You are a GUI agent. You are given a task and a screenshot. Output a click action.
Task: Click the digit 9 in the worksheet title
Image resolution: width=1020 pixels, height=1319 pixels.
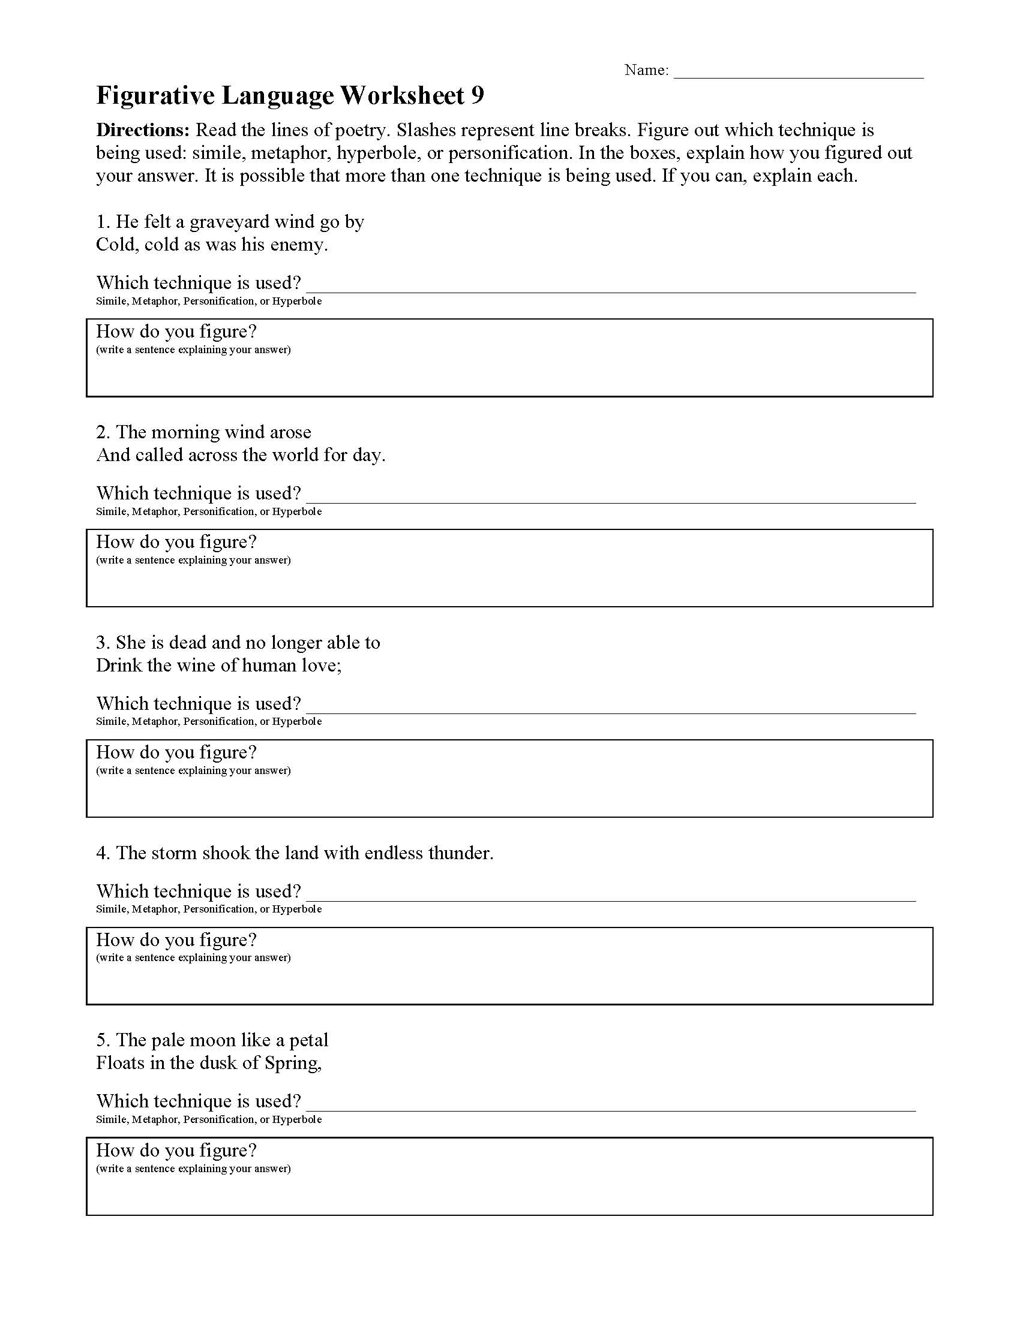pos(478,95)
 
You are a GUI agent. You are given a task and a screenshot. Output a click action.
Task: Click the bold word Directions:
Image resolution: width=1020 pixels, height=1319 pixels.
pos(143,130)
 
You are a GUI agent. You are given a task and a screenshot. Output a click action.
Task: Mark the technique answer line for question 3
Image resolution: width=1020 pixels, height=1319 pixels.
pos(610,707)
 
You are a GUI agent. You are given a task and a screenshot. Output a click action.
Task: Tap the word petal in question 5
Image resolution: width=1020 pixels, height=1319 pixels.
pos(308,1040)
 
